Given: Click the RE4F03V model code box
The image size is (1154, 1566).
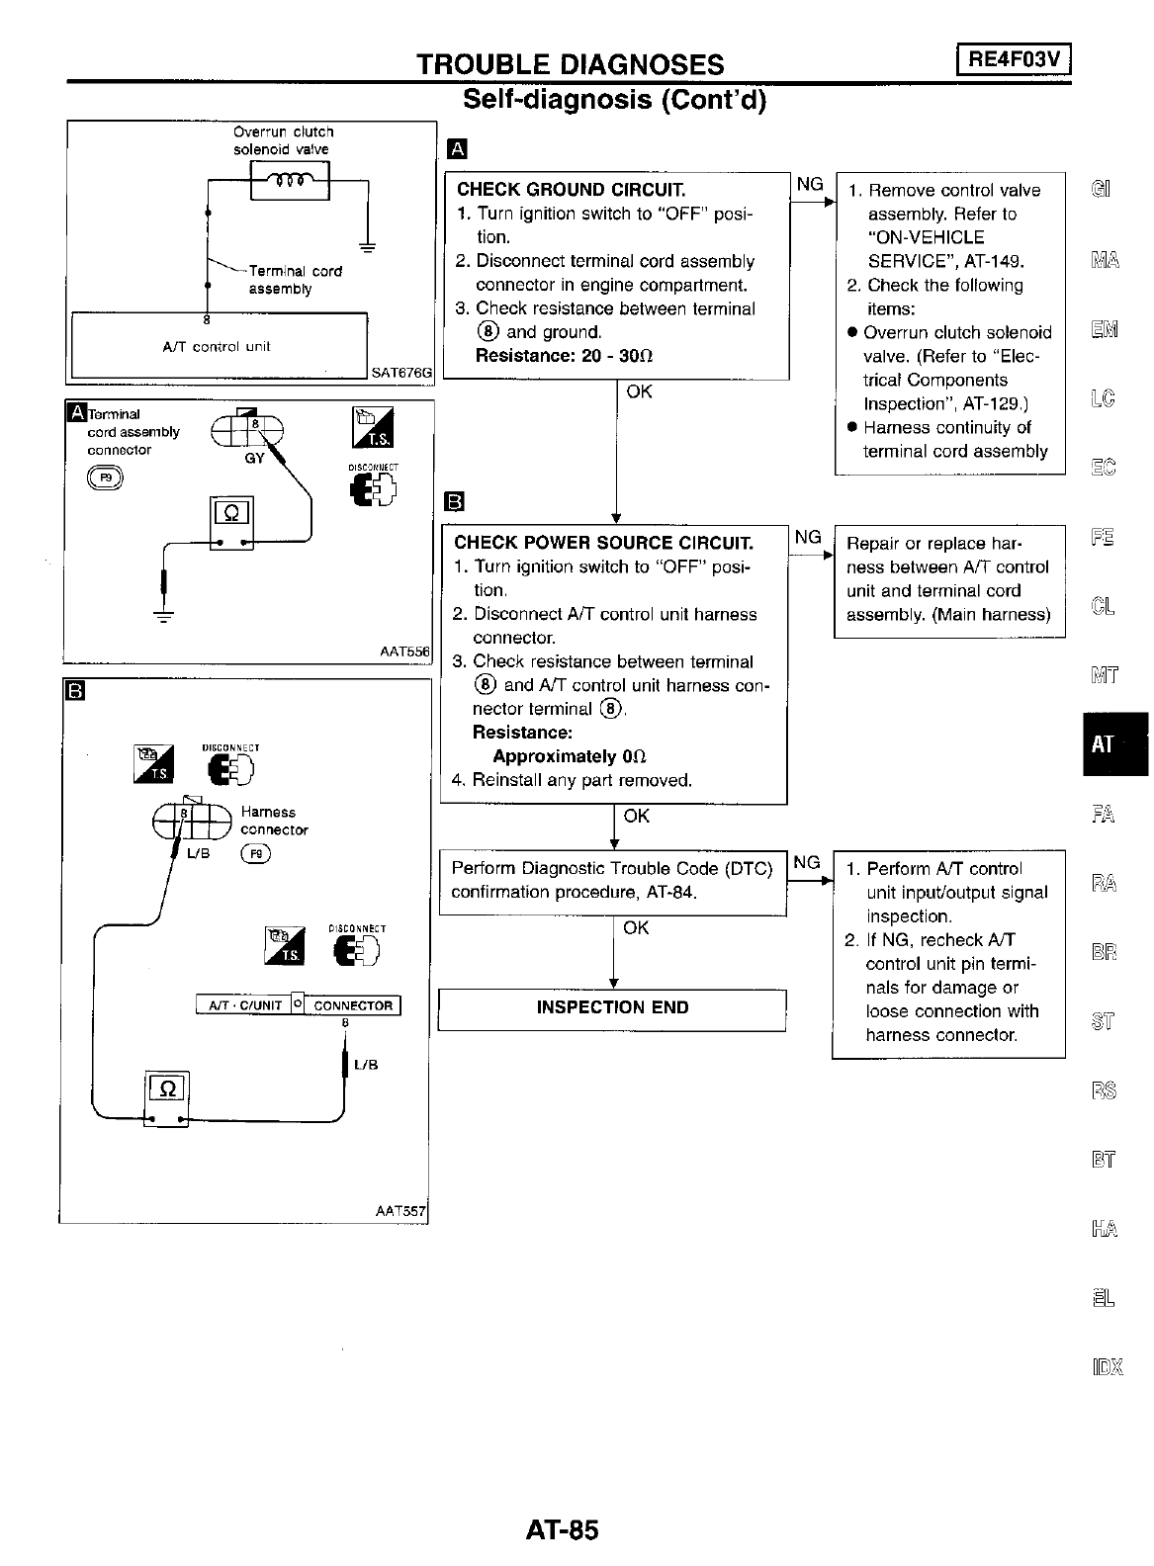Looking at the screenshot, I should point(1014,60).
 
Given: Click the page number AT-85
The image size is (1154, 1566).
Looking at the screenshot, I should point(563,1530).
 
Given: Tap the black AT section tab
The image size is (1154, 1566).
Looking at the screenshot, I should point(1103,744).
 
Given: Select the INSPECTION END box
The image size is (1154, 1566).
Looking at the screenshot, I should point(612,1008).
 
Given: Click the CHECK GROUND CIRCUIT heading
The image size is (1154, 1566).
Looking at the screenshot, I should point(571,190).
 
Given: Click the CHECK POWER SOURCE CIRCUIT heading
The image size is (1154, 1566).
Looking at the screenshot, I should point(603,543).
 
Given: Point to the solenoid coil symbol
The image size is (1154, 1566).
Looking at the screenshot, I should point(291,181).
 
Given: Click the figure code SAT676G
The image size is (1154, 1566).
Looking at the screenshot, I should point(401,373).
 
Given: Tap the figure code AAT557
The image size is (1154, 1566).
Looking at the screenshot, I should point(399,1211).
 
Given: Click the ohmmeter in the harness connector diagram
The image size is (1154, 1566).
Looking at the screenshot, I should point(166,1097).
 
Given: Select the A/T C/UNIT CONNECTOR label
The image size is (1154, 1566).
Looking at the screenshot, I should point(299,1005).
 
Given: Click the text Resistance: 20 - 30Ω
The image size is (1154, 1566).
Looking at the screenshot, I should point(564,356).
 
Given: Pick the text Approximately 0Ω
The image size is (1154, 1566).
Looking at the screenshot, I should point(569,756).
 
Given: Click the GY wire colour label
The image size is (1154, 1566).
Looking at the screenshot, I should point(254,458).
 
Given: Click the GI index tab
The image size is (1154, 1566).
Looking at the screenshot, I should point(1101,189).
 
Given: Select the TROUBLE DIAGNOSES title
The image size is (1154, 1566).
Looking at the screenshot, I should point(570,65).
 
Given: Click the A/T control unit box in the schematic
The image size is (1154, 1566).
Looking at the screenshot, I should point(218,346).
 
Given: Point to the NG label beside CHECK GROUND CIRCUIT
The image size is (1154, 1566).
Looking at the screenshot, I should point(809,184).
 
